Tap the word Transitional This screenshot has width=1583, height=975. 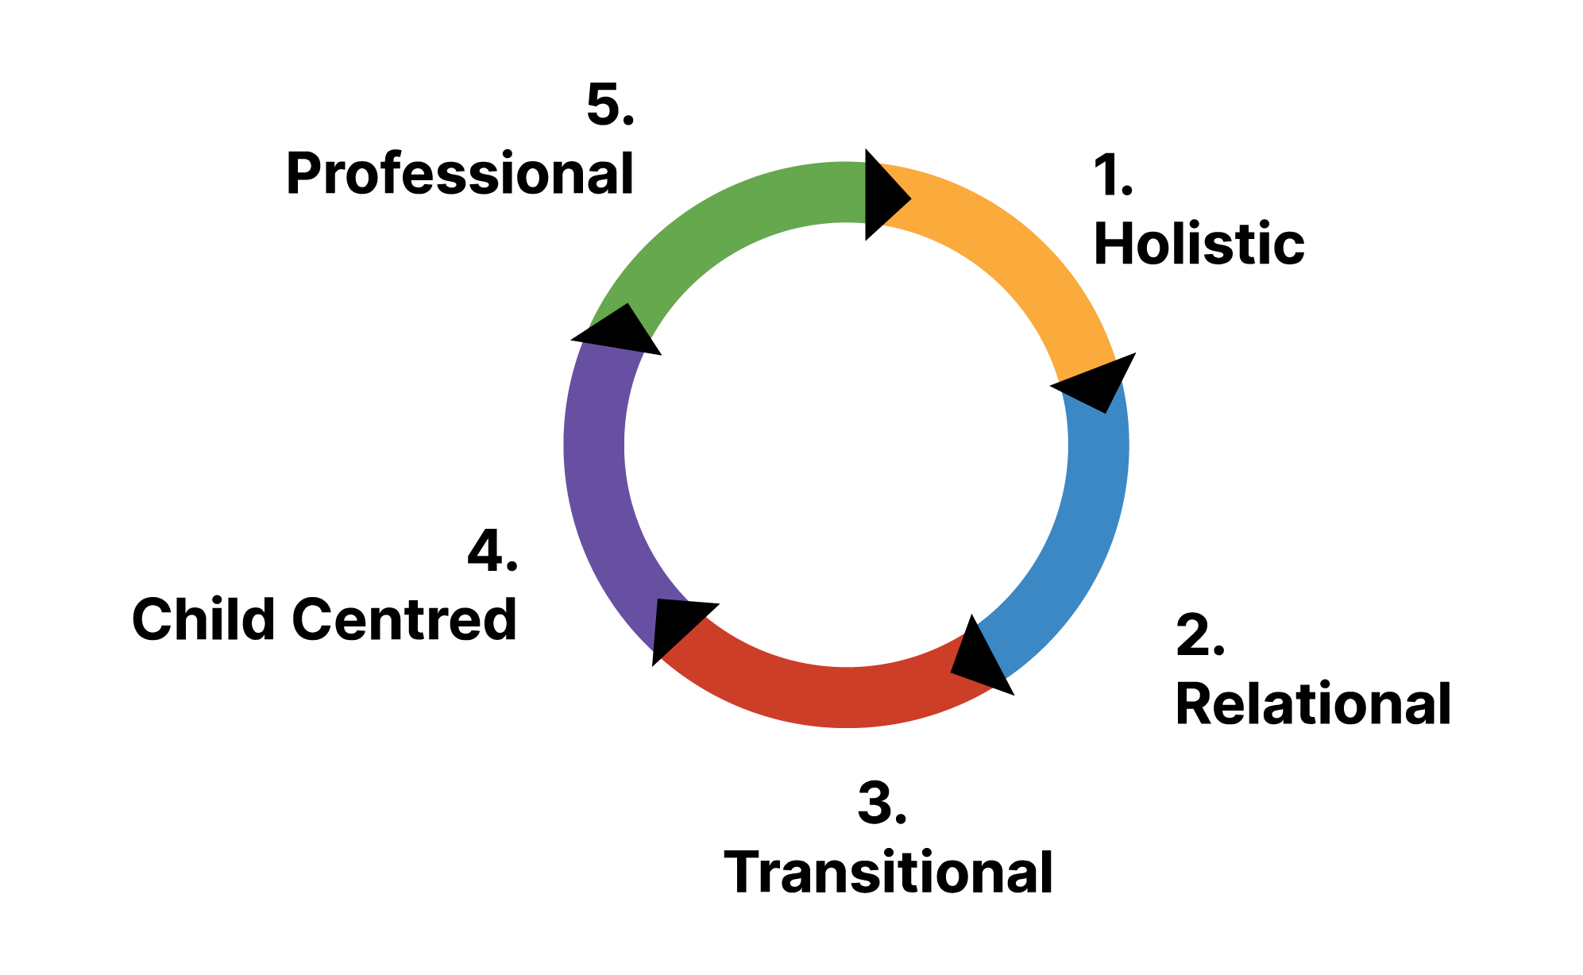888,872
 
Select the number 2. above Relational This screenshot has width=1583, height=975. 1199,635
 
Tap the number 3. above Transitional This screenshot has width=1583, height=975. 882,803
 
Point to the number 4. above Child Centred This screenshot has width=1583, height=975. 492,551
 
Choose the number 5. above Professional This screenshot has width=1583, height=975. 610,104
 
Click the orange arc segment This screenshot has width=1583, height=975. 1025,254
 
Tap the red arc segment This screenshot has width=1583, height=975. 834,696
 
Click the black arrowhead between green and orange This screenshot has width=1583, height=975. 882,194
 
